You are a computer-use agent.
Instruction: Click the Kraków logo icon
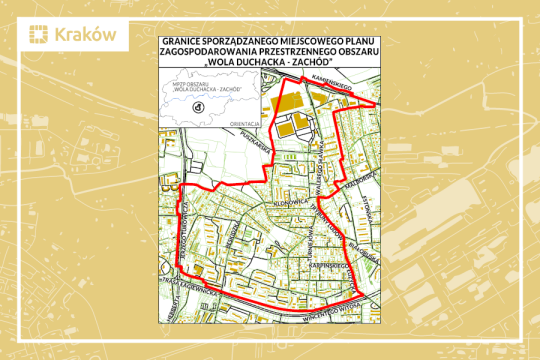(x=38, y=34)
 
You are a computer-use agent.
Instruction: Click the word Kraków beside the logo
(x=86, y=34)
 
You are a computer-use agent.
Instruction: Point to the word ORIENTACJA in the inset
(x=245, y=123)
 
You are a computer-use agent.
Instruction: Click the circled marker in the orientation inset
(x=196, y=106)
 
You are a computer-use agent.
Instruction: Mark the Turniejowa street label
(x=181, y=241)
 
